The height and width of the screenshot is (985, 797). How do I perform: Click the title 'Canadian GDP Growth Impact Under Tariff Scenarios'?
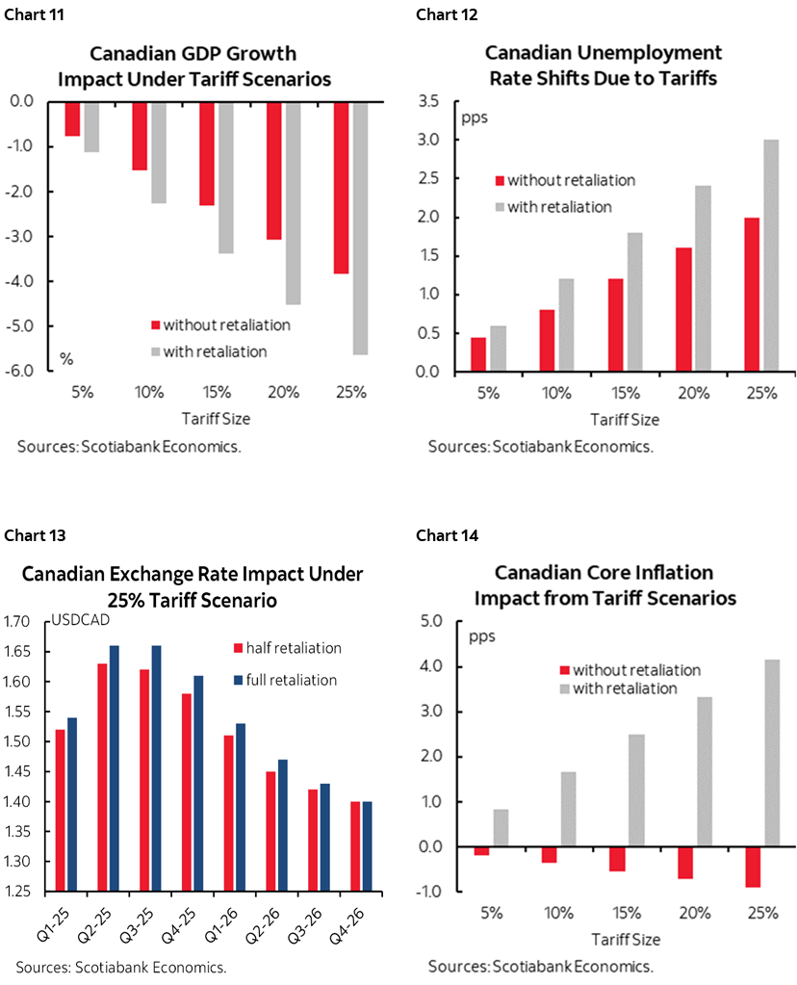pyautogui.click(x=193, y=65)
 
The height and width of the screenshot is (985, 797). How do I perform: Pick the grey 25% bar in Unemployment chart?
pyautogui.click(x=770, y=255)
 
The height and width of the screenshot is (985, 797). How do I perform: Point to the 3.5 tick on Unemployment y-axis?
pyautogui.click(x=428, y=101)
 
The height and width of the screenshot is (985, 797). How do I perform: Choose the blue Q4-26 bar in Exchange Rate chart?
pyautogui.click(x=366, y=848)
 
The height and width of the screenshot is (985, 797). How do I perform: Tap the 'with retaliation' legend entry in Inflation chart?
pyautogui.click(x=626, y=687)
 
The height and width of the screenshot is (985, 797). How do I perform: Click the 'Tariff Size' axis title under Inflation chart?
pyautogui.click(x=623, y=939)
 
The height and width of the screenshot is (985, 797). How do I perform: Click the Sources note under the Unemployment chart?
pyautogui.click(x=540, y=447)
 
